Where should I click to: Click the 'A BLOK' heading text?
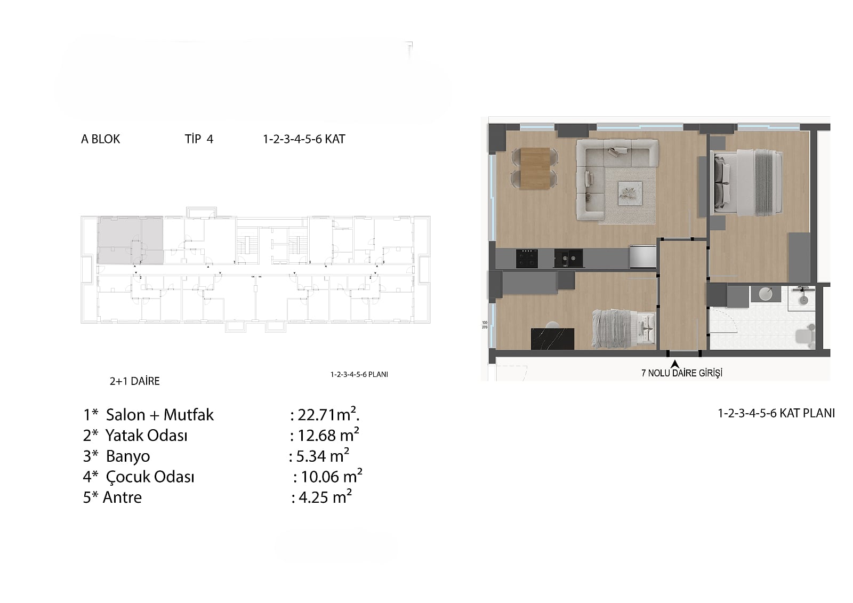coord(101,139)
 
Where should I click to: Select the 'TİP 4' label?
coord(199,139)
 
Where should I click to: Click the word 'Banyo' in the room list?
coord(128,456)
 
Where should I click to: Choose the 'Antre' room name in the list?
coord(122,497)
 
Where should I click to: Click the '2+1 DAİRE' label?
coord(135,381)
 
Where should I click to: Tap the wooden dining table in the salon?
coord(535,168)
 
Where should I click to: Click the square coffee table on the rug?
coord(630,194)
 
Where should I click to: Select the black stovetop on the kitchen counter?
coord(527,259)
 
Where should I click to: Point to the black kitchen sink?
coord(568,259)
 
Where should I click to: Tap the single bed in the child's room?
coord(623,329)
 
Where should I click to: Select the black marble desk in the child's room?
coord(552,339)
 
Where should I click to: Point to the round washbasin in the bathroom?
coord(766,294)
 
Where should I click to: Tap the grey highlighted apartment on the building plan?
coord(130,240)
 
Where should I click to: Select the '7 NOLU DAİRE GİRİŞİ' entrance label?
coord(682,373)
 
